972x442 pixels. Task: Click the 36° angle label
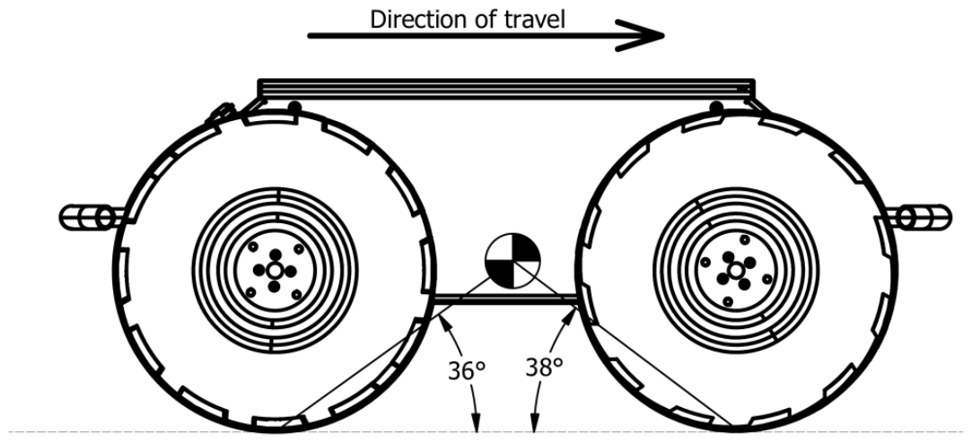[466, 370]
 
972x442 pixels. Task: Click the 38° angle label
[544, 367]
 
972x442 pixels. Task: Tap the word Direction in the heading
[412, 19]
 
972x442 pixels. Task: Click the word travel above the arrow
[534, 19]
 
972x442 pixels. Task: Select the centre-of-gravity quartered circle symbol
[512, 261]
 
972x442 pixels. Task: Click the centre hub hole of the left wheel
[275, 271]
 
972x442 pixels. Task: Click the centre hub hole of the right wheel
[736, 271]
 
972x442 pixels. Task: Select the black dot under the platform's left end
[295, 108]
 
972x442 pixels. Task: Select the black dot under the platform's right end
[716, 108]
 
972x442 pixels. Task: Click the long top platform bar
[506, 89]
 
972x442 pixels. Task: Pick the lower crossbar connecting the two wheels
[505, 299]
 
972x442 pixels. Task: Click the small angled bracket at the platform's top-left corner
[221, 113]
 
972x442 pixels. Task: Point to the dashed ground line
[486, 432]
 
